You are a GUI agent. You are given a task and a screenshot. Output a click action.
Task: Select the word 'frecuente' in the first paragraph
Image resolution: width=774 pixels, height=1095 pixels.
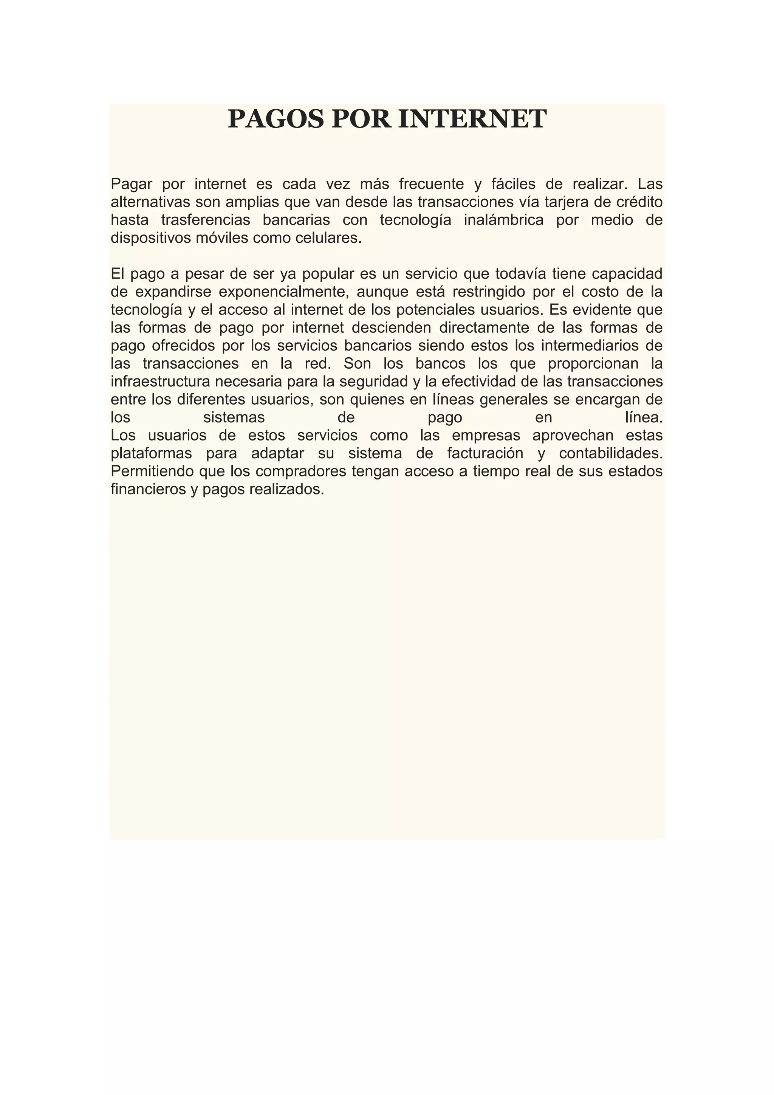point(431,184)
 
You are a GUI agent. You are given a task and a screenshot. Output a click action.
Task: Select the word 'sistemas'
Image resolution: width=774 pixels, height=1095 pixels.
point(234,417)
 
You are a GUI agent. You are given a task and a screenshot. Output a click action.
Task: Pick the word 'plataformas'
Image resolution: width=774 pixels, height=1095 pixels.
point(151,453)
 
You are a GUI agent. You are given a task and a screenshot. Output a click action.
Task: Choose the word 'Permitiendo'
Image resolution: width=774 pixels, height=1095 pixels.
point(153,471)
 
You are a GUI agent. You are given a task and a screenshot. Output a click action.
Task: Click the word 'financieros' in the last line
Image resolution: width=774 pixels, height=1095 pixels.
point(148,489)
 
